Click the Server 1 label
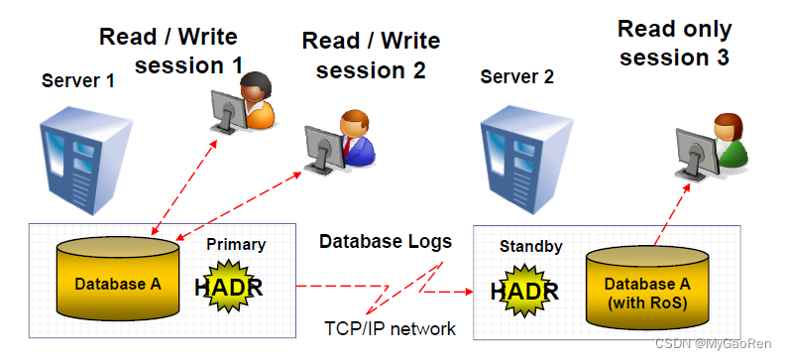coord(77,79)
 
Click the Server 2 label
coord(517,75)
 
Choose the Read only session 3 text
coord(674,43)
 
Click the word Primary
coord(236,244)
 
